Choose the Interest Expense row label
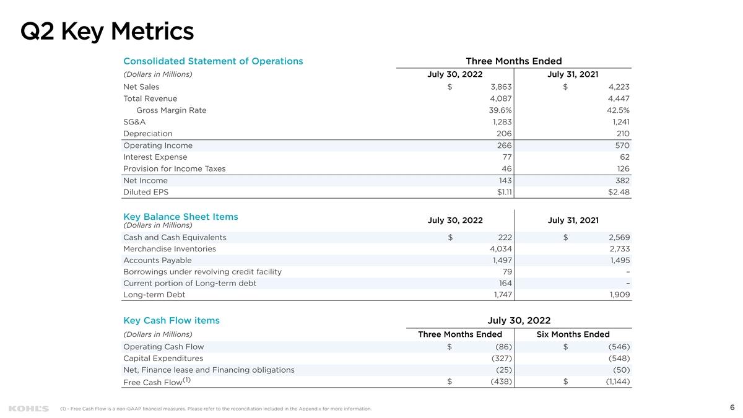click(155, 157)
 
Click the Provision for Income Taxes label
click(174, 168)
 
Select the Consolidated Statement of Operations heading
click(213, 61)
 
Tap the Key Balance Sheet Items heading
click(181, 217)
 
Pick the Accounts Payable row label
click(157, 260)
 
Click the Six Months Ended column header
click(573, 334)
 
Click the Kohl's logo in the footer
click(28, 409)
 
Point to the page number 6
click(732, 407)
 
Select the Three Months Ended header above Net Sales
click(513, 61)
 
